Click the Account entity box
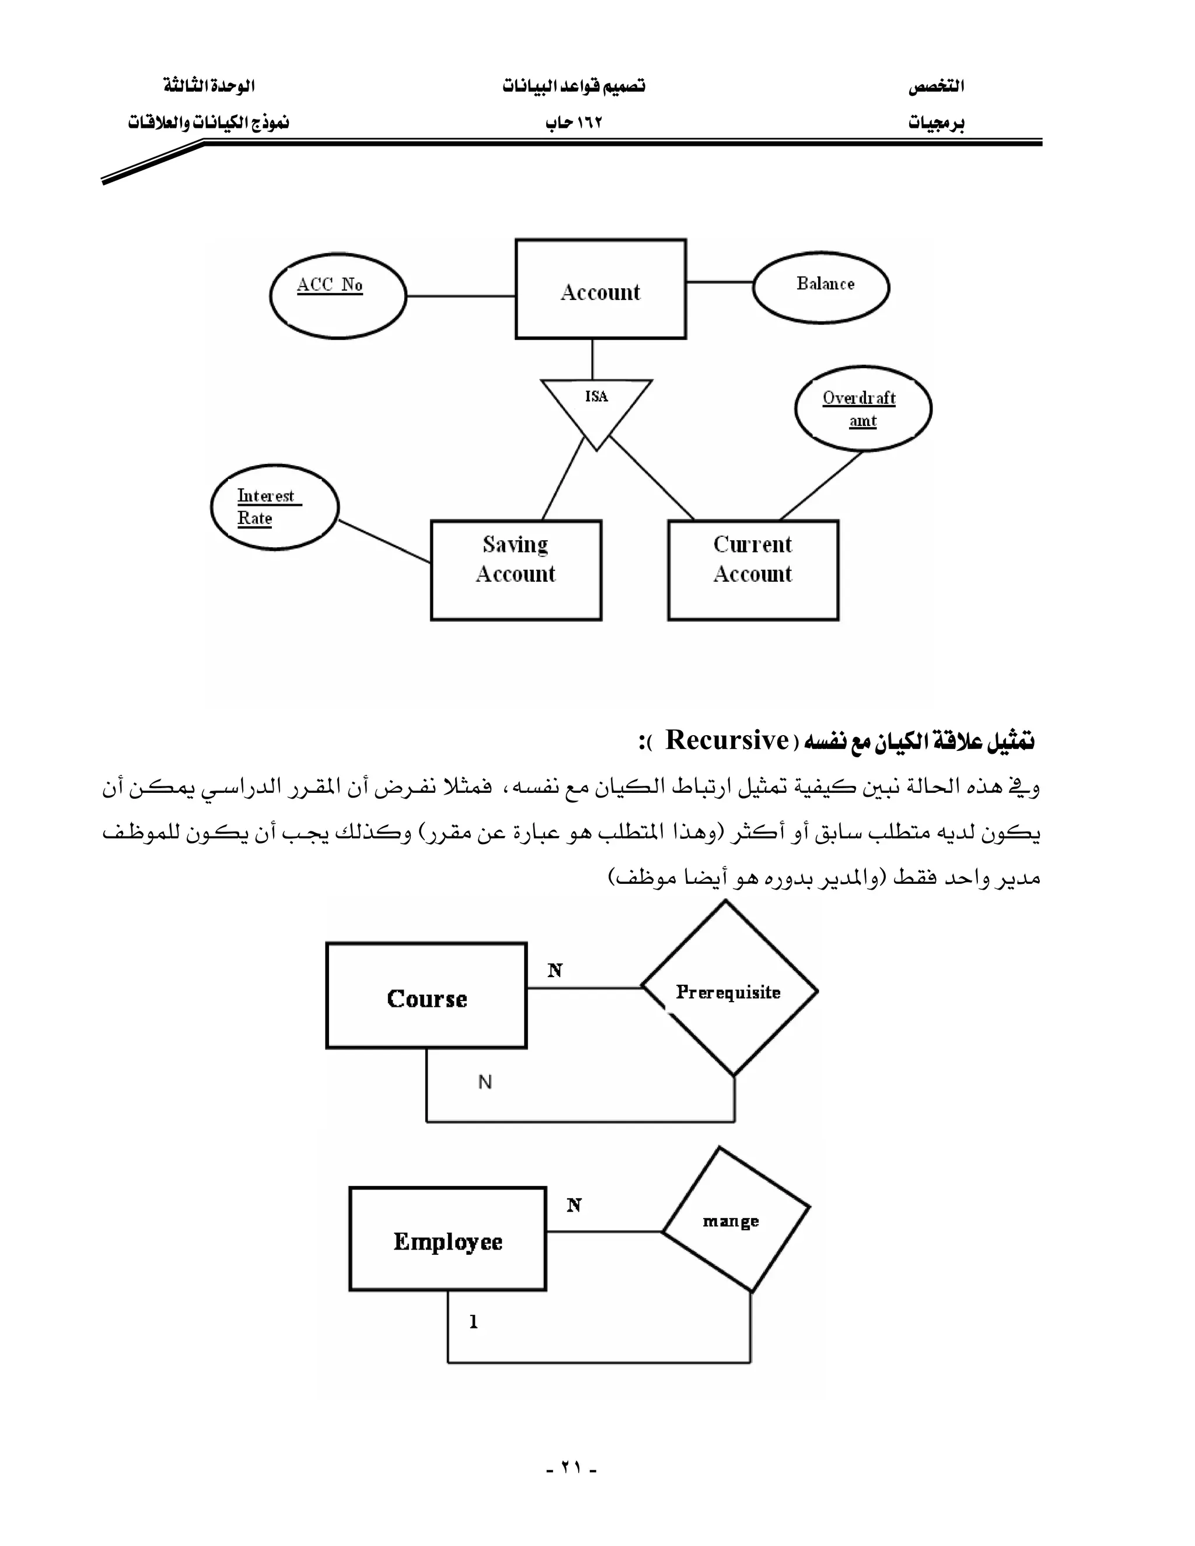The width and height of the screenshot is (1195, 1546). click(x=600, y=289)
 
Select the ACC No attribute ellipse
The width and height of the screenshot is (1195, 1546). click(x=338, y=296)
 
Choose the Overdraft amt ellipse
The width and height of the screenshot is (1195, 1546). click(x=863, y=408)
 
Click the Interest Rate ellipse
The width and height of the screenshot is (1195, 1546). click(x=275, y=507)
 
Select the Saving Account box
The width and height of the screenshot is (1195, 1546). click(x=516, y=570)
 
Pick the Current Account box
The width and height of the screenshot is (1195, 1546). click(x=753, y=570)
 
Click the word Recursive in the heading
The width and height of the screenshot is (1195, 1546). click(x=727, y=740)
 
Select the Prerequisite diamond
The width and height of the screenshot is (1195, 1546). click(x=729, y=991)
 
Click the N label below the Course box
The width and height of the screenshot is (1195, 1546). click(x=485, y=1082)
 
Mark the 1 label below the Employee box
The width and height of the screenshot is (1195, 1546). click(x=474, y=1321)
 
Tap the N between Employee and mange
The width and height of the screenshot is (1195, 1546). click(x=574, y=1205)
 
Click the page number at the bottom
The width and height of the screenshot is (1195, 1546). click(x=571, y=1467)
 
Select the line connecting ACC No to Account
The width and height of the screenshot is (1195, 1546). click(x=460, y=296)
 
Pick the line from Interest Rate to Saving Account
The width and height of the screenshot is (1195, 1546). click(x=385, y=541)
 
